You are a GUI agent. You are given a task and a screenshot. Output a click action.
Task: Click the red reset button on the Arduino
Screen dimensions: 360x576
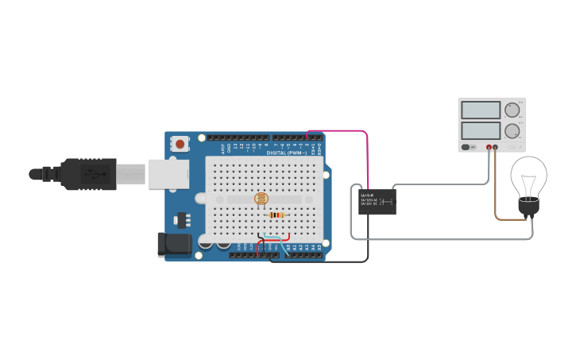click(x=181, y=144)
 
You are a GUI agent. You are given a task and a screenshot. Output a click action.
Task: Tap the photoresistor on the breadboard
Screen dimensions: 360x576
click(x=261, y=199)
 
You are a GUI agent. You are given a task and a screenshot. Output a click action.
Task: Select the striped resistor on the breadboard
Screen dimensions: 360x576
click(x=276, y=215)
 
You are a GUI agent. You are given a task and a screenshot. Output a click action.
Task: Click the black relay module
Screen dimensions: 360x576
click(x=377, y=201)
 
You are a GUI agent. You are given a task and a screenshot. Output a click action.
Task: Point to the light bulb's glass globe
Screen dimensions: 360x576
click(x=528, y=175)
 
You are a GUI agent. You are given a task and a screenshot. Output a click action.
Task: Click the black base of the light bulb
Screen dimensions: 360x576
click(x=528, y=207)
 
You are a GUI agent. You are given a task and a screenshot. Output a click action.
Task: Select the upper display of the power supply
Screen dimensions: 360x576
click(x=481, y=110)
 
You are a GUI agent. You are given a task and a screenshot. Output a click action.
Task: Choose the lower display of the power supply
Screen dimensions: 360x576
click(x=481, y=130)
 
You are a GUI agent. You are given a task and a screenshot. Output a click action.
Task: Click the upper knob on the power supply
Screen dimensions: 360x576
click(x=512, y=110)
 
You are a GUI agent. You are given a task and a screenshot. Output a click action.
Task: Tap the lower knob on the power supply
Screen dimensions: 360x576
click(x=512, y=130)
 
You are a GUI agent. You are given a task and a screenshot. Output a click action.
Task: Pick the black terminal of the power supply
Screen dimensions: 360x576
click(x=496, y=147)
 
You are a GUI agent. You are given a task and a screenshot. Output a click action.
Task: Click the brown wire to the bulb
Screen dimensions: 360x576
click(x=497, y=199)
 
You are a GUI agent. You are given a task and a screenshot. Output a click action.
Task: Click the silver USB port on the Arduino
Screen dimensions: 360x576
click(x=168, y=174)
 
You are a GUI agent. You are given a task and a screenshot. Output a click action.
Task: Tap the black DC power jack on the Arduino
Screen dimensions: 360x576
click(x=174, y=244)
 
